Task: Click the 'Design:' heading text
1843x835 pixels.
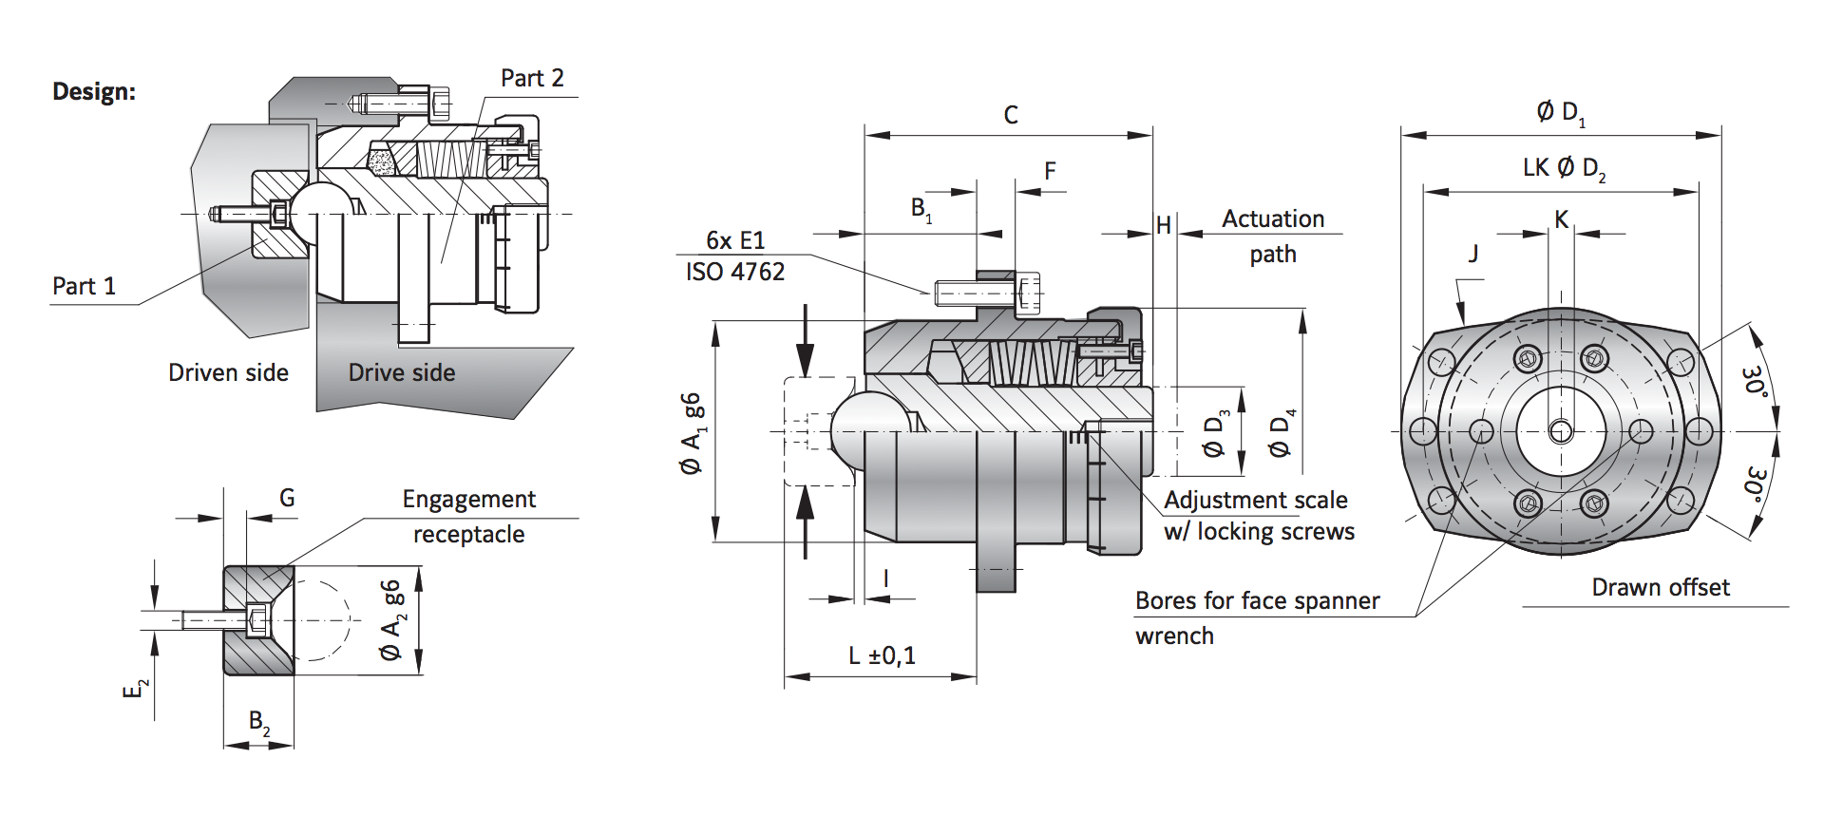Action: point(94,92)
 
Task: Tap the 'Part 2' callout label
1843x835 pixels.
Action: point(532,79)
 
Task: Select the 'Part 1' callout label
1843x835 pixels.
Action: point(84,286)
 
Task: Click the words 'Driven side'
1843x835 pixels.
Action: point(228,372)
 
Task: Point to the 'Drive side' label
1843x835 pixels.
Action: point(401,372)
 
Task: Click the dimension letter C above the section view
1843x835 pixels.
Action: point(1011,115)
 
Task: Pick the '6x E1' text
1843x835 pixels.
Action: point(734,240)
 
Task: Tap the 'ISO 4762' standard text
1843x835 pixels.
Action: point(735,272)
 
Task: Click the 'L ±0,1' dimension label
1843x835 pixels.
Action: point(882,655)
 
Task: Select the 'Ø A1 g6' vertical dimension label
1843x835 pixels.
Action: point(693,433)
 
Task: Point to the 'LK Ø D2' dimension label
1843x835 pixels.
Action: point(1564,168)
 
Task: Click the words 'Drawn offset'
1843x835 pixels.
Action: point(1660,587)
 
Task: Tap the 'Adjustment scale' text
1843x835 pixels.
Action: point(1255,500)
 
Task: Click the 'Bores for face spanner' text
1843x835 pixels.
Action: point(1257,600)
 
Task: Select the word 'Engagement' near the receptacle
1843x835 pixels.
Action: point(468,499)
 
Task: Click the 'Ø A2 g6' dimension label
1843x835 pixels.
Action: point(391,619)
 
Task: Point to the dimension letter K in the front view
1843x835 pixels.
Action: point(1561,219)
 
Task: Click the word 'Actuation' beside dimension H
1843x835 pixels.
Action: point(1272,218)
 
